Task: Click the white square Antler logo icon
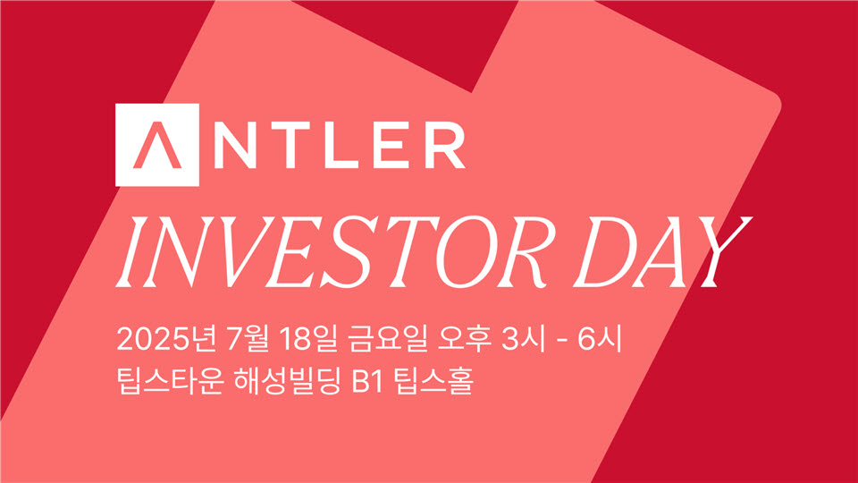pos(157,145)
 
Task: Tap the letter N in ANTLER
pos(235,145)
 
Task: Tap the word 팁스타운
pos(170,381)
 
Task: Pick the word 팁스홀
pos(433,381)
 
